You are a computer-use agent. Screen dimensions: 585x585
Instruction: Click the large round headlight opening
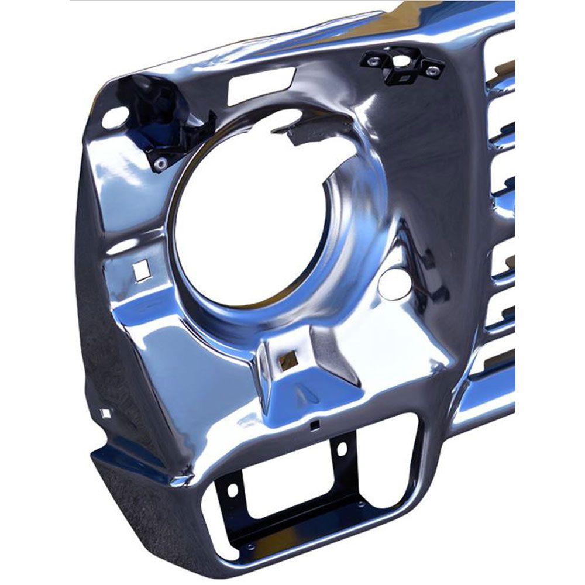[x=257, y=216]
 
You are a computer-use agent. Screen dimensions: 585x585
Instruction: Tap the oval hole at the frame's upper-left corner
[x=113, y=117]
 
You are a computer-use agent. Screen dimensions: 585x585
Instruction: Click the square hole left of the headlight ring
[x=140, y=270]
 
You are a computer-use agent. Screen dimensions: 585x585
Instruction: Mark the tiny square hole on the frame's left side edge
[x=105, y=413]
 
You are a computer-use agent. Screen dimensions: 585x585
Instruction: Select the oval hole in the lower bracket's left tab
[x=232, y=488]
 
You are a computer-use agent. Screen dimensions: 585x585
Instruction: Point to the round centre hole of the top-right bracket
[x=402, y=60]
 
